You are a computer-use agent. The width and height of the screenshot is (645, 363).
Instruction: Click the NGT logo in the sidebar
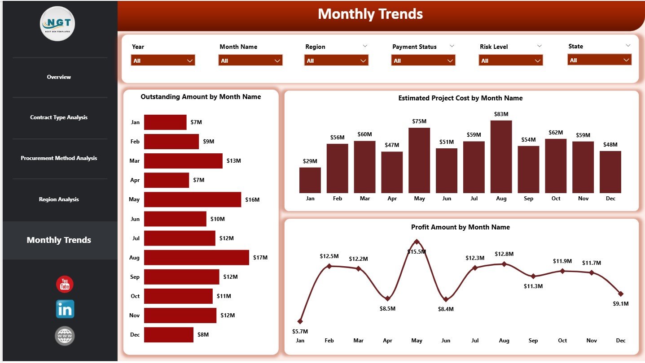click(x=57, y=24)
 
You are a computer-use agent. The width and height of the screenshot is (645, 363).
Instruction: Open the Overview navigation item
click(x=59, y=77)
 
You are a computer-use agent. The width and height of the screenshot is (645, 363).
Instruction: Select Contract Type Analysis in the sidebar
click(x=59, y=117)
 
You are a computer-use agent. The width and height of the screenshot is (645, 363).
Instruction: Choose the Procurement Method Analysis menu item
click(x=59, y=158)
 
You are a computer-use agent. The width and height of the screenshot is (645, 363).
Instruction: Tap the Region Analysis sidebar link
click(x=59, y=199)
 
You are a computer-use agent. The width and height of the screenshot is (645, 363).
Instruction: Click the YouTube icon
click(x=65, y=284)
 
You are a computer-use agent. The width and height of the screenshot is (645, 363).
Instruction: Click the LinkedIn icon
click(x=65, y=309)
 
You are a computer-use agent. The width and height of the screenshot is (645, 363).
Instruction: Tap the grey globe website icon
click(x=65, y=336)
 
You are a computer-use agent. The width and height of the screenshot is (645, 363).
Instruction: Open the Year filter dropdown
click(x=163, y=60)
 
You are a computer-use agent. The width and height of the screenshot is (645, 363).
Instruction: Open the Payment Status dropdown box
click(x=423, y=60)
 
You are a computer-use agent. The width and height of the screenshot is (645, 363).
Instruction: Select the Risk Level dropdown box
click(x=511, y=60)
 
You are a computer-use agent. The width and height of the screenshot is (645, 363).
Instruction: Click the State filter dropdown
click(x=599, y=60)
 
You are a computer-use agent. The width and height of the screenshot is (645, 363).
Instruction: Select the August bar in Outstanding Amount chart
click(x=196, y=258)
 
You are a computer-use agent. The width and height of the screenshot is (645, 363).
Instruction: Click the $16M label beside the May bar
click(x=252, y=199)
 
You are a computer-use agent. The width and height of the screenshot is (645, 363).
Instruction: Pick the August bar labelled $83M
click(x=501, y=157)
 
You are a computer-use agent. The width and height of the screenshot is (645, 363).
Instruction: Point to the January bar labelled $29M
click(x=310, y=180)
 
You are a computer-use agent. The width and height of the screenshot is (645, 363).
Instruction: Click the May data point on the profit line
click(x=417, y=242)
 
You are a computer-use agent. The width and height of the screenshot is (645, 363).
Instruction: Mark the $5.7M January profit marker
click(x=300, y=321)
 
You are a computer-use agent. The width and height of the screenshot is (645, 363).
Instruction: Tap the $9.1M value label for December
click(x=620, y=303)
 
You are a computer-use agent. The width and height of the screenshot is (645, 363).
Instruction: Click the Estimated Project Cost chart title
click(x=460, y=98)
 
